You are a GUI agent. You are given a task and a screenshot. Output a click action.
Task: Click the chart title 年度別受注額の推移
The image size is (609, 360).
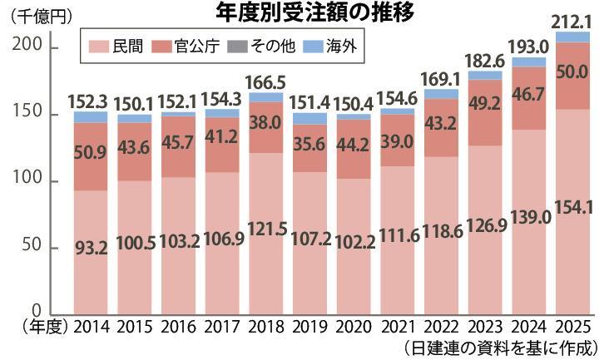pos(304,13)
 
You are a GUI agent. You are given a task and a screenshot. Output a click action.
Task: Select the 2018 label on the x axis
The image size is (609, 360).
pos(265,326)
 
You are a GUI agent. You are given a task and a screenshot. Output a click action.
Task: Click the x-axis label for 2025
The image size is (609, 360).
pos(573,326)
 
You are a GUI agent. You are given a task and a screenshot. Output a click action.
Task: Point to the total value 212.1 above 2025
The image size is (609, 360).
pos(573,20)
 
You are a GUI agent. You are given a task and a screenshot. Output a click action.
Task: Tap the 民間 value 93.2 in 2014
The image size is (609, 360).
pos(90,247)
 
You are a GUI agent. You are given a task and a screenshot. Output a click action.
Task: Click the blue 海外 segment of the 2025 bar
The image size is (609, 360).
pos(573,37)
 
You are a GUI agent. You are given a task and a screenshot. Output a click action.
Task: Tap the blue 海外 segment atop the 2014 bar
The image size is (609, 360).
pos(90,117)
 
